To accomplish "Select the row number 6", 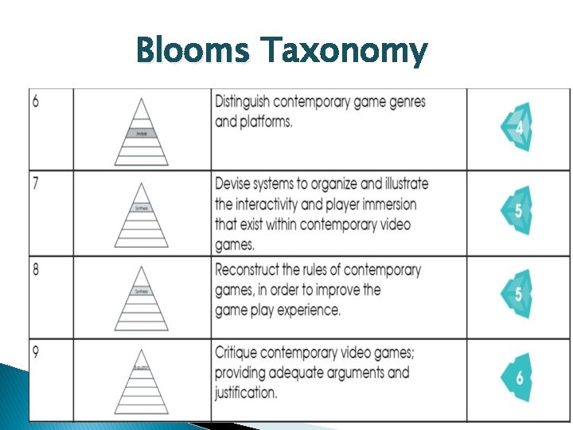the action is pyautogui.click(x=36, y=102).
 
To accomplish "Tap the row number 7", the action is pyautogui.click(x=36, y=183).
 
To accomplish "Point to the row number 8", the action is pyautogui.click(x=36, y=269).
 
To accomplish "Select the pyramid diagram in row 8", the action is pyautogui.click(x=141, y=299).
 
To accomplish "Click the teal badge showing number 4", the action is pyautogui.click(x=517, y=127).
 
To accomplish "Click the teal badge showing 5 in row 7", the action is pyautogui.click(x=517, y=212).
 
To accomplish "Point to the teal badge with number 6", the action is pyautogui.click(x=517, y=377).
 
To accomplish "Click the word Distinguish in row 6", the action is pyautogui.click(x=251, y=103).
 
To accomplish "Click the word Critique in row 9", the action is pyautogui.click(x=241, y=353).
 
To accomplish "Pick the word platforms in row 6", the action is pyautogui.click(x=270, y=123).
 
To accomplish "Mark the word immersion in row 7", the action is pyautogui.click(x=385, y=205).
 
